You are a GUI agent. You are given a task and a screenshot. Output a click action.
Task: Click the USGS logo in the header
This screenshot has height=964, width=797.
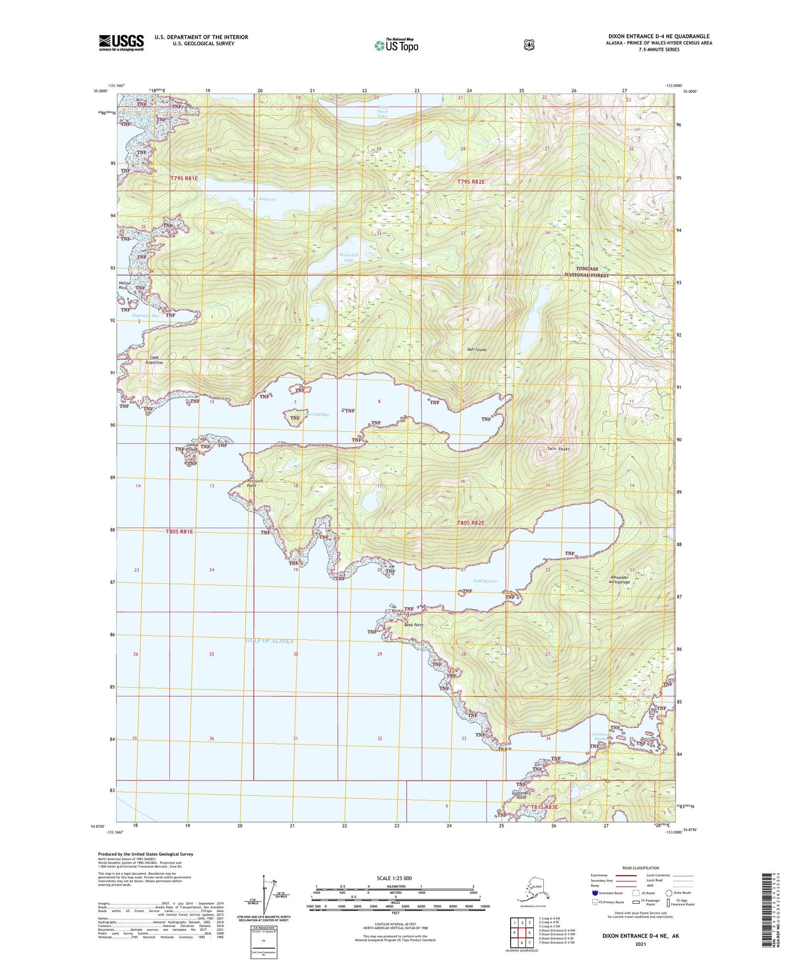(121, 43)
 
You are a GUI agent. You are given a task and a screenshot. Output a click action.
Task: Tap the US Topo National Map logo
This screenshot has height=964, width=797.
(396, 45)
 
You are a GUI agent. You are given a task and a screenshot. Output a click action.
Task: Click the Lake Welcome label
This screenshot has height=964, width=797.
(262, 199)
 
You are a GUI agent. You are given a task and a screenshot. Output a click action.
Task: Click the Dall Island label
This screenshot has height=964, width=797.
(477, 349)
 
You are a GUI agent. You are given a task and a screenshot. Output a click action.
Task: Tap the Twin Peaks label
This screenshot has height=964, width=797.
(558, 449)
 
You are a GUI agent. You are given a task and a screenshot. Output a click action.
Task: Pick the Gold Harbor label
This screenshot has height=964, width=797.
(485, 581)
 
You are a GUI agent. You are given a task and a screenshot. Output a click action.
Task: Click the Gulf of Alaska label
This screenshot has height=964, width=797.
(269, 641)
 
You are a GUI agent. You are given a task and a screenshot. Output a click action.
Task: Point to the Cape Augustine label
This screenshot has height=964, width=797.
(154, 360)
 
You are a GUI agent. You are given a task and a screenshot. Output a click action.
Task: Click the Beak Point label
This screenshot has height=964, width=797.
(414, 625)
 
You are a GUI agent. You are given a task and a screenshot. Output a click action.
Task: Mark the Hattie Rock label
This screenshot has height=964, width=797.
(124, 285)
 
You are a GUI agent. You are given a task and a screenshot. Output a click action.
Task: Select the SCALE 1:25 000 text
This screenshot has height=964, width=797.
(394, 878)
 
